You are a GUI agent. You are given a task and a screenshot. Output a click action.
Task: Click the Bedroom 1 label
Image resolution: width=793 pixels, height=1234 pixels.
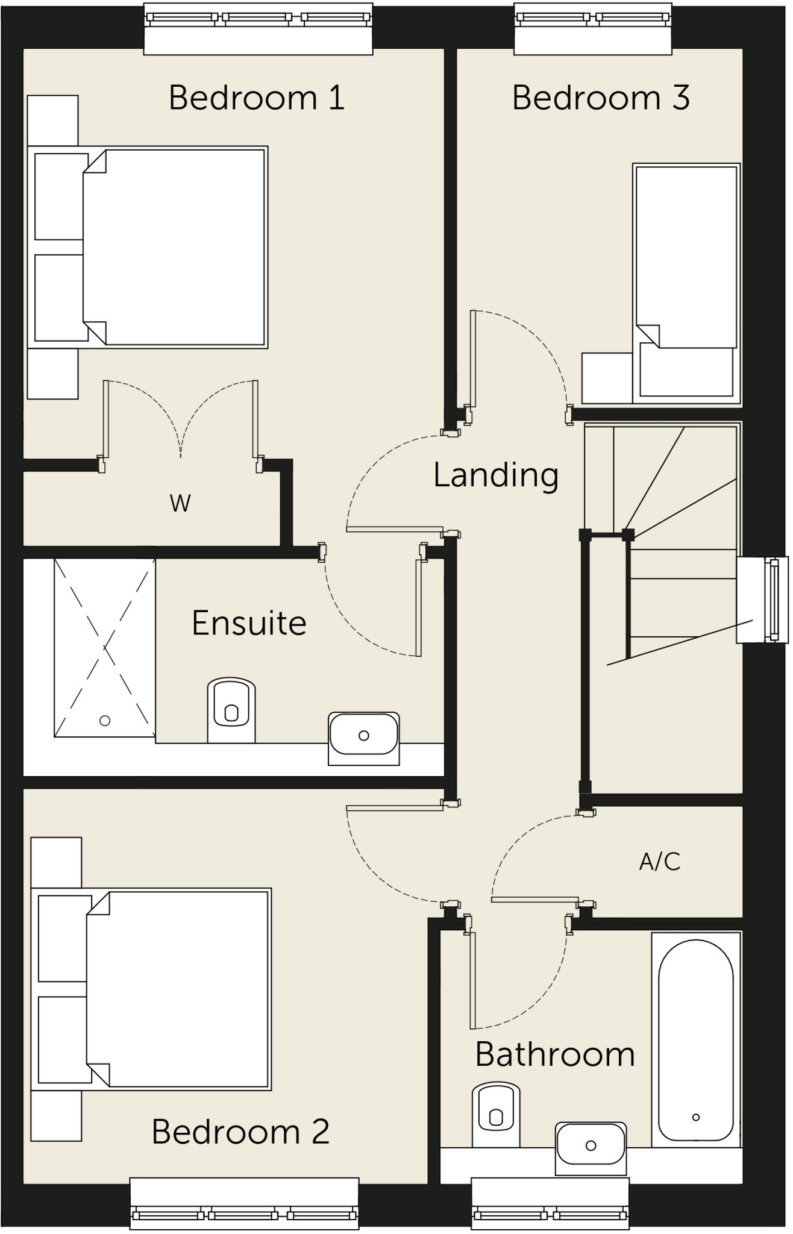pyautogui.click(x=256, y=98)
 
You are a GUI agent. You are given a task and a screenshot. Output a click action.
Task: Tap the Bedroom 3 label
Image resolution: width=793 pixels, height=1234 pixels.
pyautogui.click(x=600, y=98)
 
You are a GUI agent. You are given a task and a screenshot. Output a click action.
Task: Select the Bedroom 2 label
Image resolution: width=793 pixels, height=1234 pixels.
pyautogui.click(x=240, y=1131)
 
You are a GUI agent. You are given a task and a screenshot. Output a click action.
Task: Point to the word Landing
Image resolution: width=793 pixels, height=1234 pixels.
pyautogui.click(x=495, y=475)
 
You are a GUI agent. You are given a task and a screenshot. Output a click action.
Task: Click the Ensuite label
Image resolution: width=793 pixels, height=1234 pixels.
pyautogui.click(x=249, y=623)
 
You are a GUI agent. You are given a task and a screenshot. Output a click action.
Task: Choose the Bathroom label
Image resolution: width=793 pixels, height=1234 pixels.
pyautogui.click(x=554, y=1054)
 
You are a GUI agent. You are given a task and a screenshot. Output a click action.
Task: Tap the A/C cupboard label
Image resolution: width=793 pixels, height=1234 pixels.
pyautogui.click(x=659, y=862)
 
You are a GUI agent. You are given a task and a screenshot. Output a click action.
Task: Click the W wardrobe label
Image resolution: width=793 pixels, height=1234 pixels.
pyautogui.click(x=180, y=503)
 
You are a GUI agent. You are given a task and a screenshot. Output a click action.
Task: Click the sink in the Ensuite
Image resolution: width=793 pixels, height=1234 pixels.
pyautogui.click(x=363, y=736)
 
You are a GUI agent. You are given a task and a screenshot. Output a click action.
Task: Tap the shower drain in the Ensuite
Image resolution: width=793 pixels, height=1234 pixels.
pyautogui.click(x=105, y=721)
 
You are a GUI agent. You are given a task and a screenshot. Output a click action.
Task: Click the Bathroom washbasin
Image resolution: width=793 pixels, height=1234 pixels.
pyautogui.click(x=591, y=1145)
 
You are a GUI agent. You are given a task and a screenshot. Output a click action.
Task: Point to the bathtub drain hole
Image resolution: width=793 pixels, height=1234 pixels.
pyautogui.click(x=696, y=1117)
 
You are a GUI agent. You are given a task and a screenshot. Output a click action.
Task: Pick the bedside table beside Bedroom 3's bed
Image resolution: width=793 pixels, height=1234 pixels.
pyautogui.click(x=607, y=378)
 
